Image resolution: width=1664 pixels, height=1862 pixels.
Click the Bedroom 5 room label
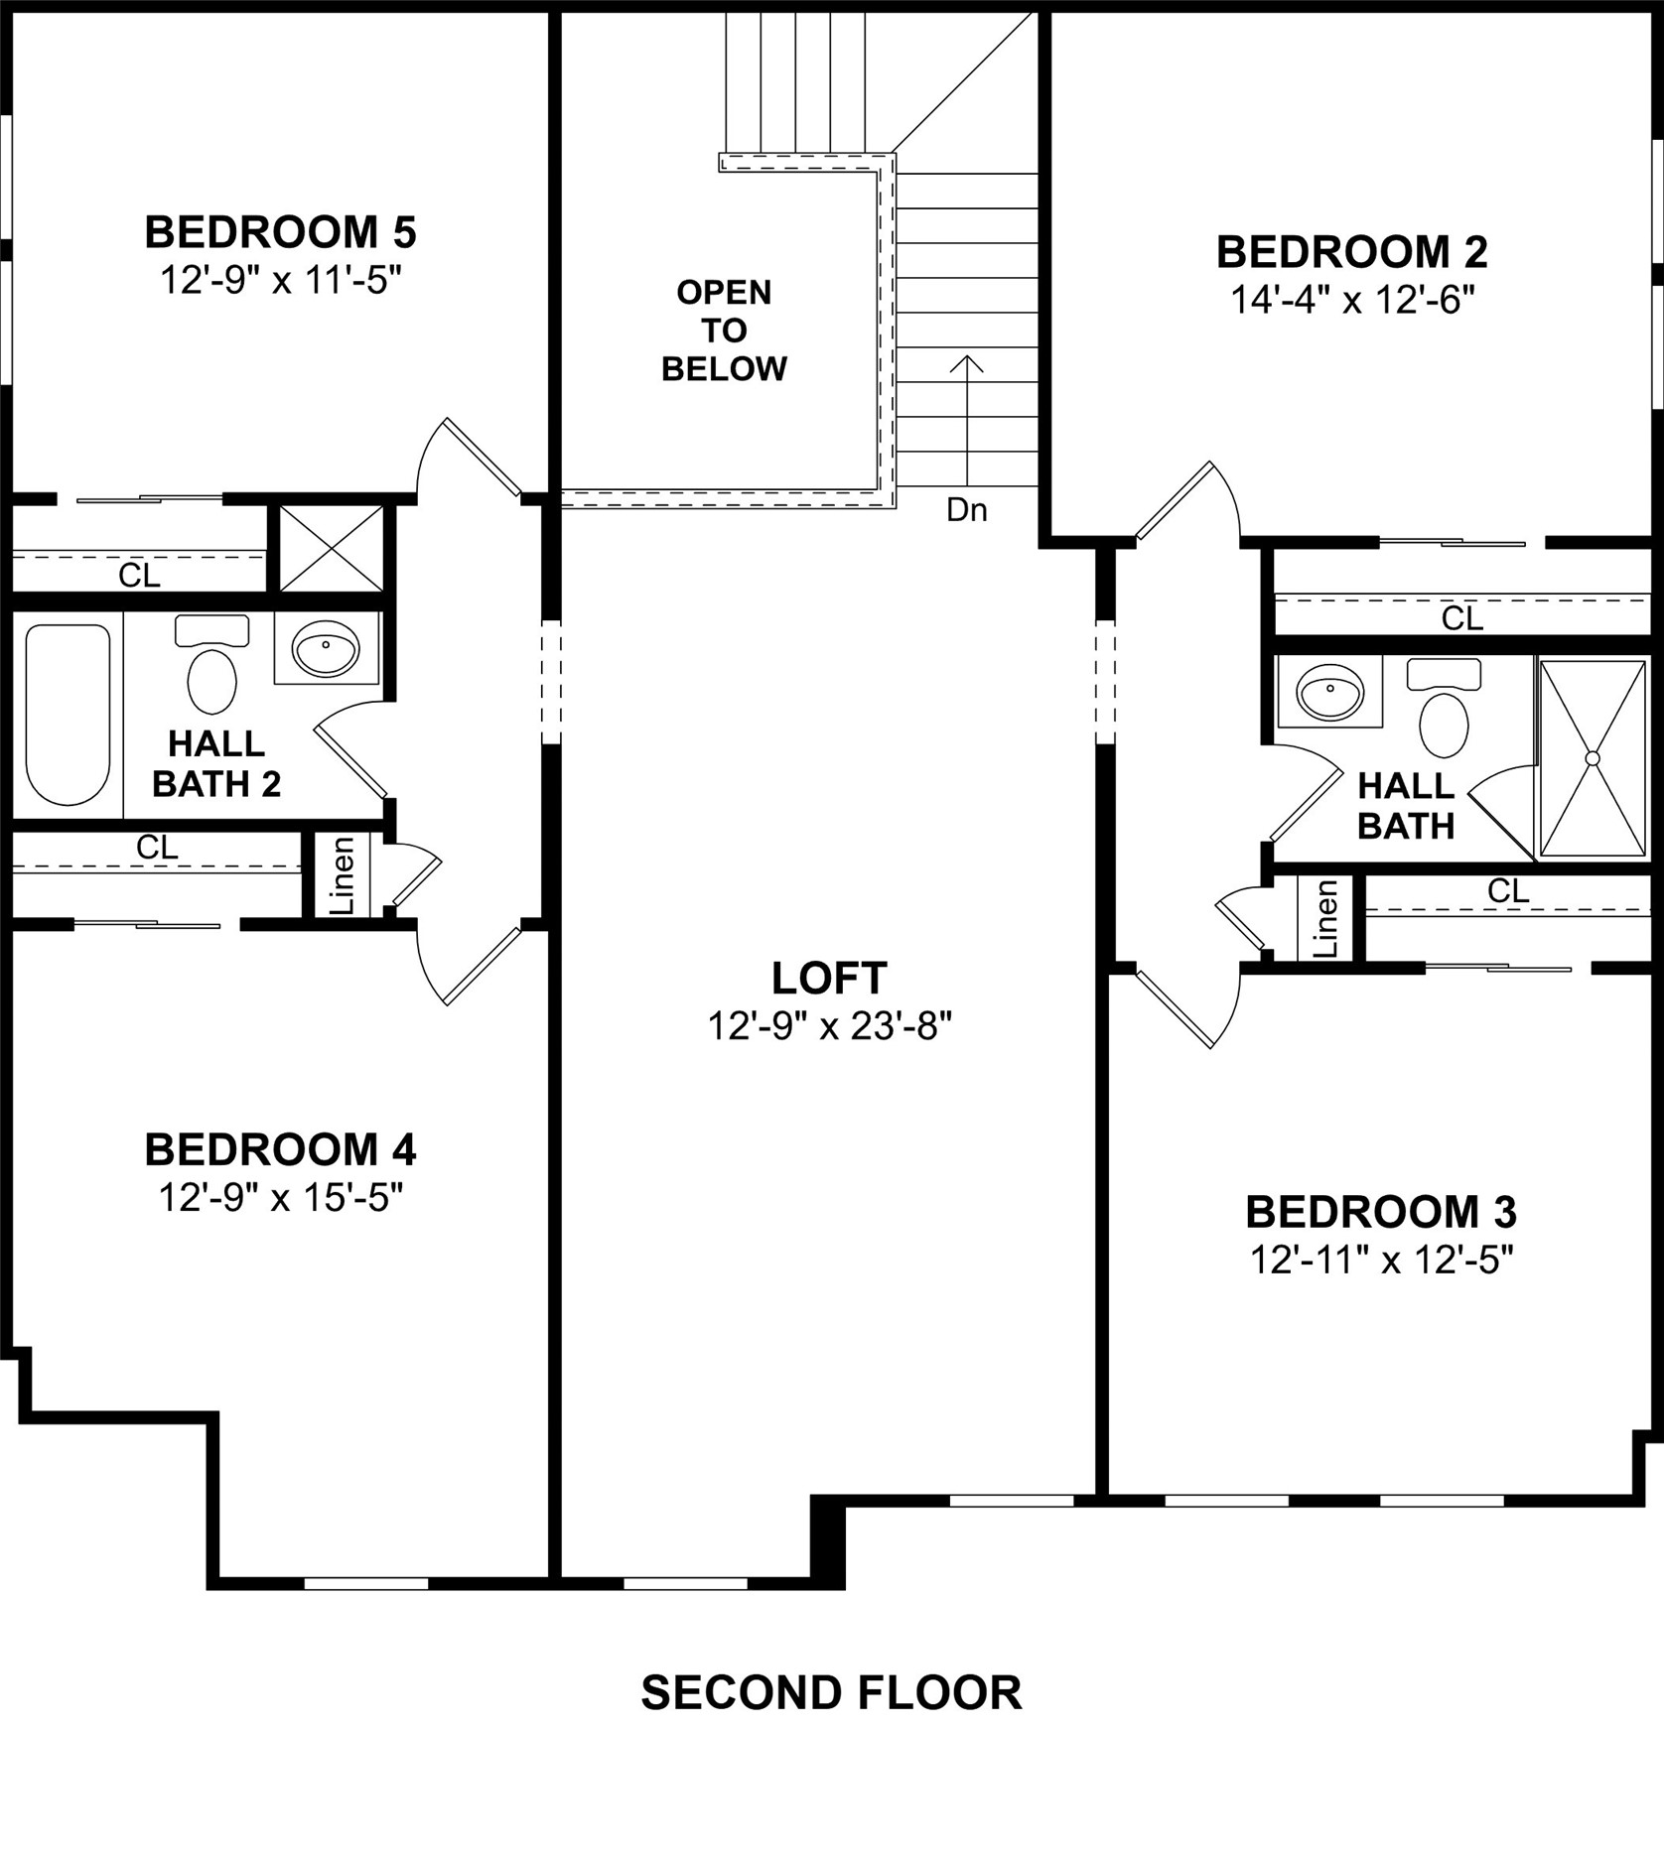tap(280, 232)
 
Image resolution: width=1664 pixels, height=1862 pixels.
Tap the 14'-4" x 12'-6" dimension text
tap(1352, 299)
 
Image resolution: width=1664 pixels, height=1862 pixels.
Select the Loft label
tap(829, 978)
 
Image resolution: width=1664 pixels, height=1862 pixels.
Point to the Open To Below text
tap(724, 330)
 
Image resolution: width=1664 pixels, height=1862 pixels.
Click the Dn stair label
tap(966, 510)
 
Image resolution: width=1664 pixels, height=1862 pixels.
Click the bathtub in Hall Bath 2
tap(68, 713)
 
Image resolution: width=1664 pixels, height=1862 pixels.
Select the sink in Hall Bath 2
tap(326, 648)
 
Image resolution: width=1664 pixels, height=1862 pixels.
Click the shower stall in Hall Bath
tap(1592, 758)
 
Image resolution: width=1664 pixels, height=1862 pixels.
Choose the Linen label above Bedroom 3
tap(1326, 919)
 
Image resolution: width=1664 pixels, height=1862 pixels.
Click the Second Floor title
tap(831, 1692)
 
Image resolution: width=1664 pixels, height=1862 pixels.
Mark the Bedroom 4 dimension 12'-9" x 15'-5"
tap(280, 1198)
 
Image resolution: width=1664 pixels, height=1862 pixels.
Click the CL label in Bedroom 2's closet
tap(1461, 618)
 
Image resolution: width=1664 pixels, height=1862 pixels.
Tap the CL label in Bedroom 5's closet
tap(139, 575)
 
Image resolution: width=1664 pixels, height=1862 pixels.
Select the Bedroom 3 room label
tap(1381, 1212)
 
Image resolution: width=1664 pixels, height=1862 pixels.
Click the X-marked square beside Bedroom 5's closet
tap(331, 548)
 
